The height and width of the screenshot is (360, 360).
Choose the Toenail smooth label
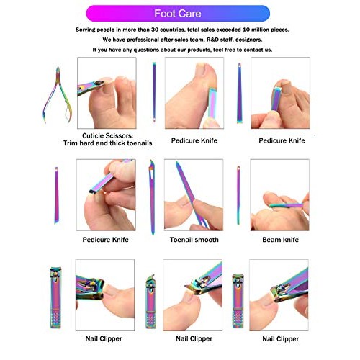(195, 240)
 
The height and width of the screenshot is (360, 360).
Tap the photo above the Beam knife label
(279, 194)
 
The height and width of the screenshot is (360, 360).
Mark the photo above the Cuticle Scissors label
(105, 92)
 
